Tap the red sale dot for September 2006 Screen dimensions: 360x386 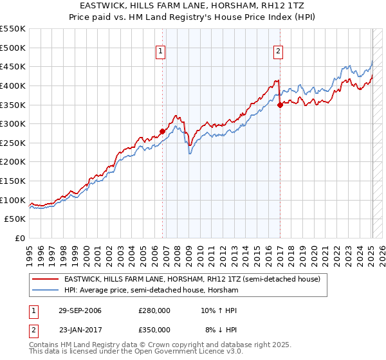click(x=162, y=131)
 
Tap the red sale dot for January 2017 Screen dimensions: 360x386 click(x=280, y=105)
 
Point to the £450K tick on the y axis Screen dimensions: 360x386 click(x=13, y=66)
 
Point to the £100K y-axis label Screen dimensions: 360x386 click(x=13, y=200)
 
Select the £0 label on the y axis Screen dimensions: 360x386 click(x=19, y=238)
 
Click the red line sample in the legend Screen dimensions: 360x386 click(x=46, y=279)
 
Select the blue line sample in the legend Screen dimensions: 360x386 click(x=46, y=290)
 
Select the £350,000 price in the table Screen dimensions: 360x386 click(x=154, y=329)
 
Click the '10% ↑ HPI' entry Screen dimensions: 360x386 click(x=219, y=310)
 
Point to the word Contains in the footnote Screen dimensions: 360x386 click(x=46, y=345)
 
